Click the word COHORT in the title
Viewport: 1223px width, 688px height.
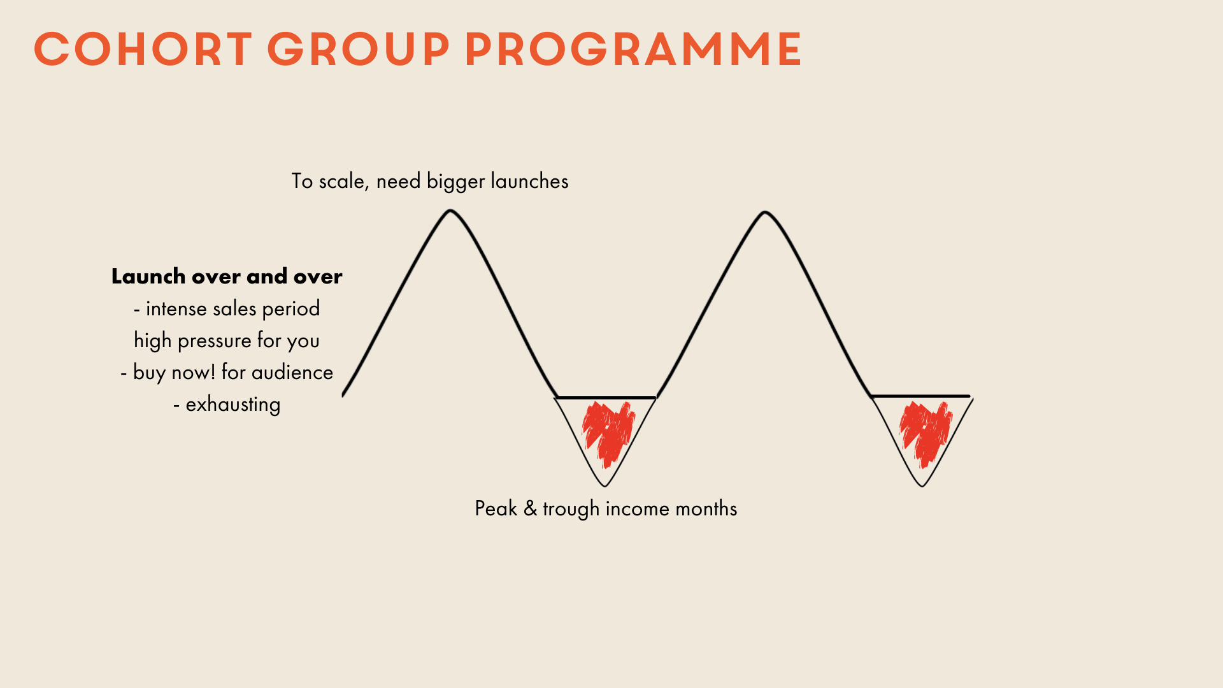[143, 49]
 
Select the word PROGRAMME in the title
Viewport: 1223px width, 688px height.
[633, 49]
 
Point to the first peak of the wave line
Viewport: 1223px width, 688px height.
[450, 211]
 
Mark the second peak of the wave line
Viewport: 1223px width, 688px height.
[765, 212]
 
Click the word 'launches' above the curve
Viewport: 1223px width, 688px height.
[529, 181]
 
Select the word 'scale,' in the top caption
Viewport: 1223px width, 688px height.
[343, 182]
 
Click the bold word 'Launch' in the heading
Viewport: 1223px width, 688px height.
[148, 276]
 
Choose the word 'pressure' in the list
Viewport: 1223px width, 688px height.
[215, 341]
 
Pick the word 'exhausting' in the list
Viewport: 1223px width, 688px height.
[233, 405]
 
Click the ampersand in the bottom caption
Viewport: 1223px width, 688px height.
[530, 509]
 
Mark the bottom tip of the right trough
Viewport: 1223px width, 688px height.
[922, 486]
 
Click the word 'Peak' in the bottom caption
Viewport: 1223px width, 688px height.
[496, 509]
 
